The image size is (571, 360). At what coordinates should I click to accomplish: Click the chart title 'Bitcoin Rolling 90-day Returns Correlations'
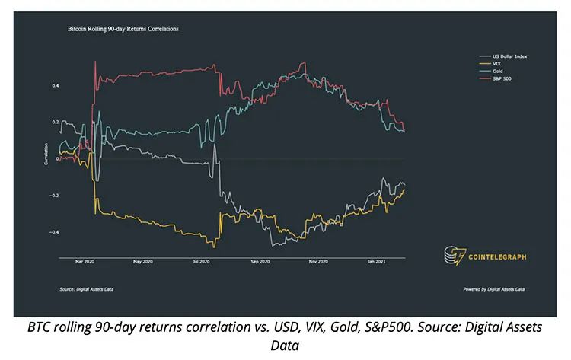click(117, 29)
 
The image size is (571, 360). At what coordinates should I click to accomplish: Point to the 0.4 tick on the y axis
click(56, 86)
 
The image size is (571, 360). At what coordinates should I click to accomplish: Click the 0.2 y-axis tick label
click(56, 123)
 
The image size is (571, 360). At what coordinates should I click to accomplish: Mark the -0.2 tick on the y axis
click(54, 196)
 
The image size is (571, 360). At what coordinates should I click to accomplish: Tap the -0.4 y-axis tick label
click(54, 232)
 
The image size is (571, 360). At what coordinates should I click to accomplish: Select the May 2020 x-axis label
click(142, 263)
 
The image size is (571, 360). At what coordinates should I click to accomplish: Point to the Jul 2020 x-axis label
click(200, 263)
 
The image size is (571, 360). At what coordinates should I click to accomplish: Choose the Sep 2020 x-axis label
click(260, 263)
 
